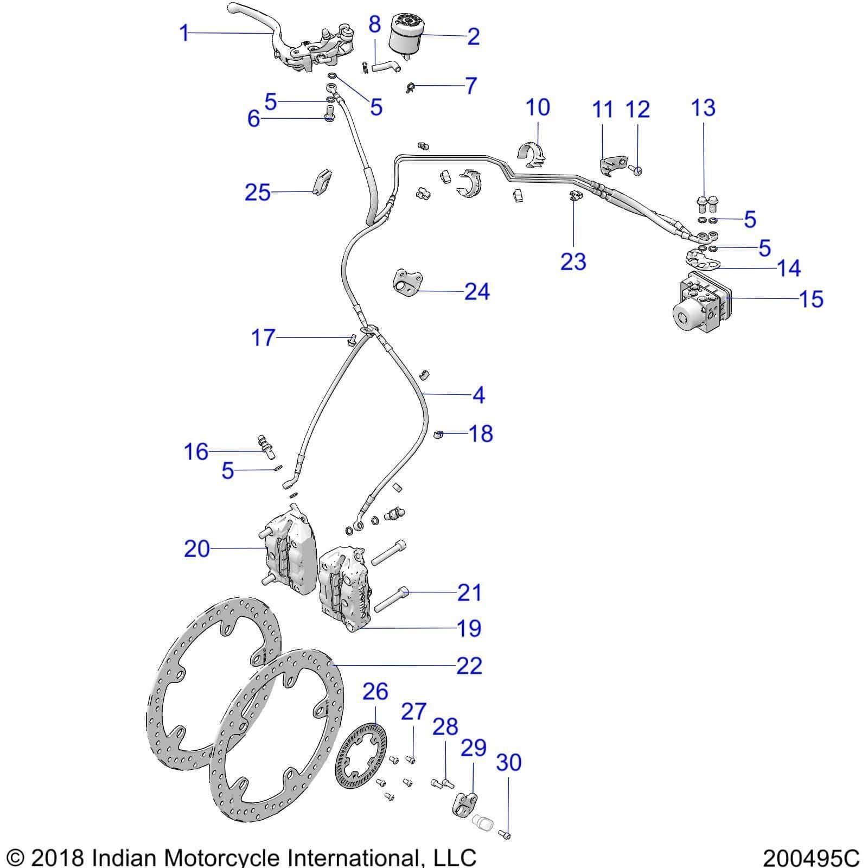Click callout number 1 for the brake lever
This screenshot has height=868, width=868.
pyautogui.click(x=184, y=33)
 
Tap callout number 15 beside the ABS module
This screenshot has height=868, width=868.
pyautogui.click(x=812, y=299)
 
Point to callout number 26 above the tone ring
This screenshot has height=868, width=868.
pyautogui.click(x=375, y=692)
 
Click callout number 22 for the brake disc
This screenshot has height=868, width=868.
pyautogui.click(x=469, y=666)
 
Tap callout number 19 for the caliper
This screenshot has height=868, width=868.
pyautogui.click(x=469, y=628)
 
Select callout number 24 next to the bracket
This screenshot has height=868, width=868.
pyautogui.click(x=477, y=292)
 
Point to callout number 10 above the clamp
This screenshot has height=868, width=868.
pyautogui.click(x=538, y=107)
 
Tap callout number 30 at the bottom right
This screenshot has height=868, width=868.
pyautogui.click(x=508, y=762)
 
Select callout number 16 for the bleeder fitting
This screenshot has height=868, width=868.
pyautogui.click(x=196, y=451)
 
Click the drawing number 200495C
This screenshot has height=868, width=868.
pyautogui.click(x=811, y=858)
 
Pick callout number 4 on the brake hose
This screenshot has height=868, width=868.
pyautogui.click(x=478, y=395)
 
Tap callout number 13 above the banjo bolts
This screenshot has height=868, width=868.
pyautogui.click(x=703, y=107)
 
